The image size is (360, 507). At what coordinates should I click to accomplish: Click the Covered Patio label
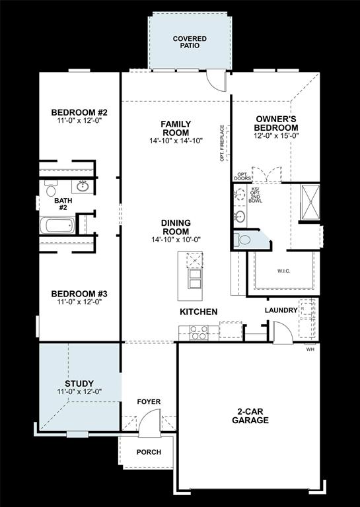(190, 43)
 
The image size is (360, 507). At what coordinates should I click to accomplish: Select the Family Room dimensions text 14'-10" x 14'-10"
(176, 141)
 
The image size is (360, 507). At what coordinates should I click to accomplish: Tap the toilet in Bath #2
(51, 190)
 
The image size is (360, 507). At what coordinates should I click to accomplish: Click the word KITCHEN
(199, 311)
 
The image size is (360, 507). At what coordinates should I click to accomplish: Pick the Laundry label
(281, 310)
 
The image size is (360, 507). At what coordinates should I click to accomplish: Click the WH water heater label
(310, 350)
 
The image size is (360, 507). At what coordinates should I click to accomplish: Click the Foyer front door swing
(151, 422)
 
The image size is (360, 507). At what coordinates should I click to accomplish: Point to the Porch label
(148, 452)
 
